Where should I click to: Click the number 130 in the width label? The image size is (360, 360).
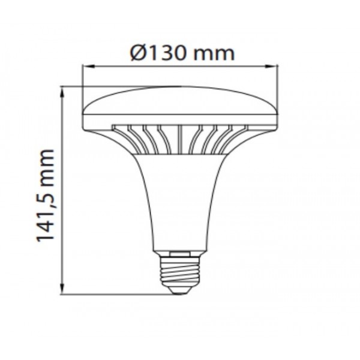pyautogui.click(x=167, y=53)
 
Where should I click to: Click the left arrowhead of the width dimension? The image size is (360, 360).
pyautogui.click(x=88, y=67)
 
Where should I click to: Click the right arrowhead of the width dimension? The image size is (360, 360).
pyautogui.click(x=271, y=67)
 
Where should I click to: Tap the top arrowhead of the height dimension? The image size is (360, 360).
pyautogui.click(x=62, y=92)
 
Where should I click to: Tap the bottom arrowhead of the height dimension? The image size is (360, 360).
pyautogui.click(x=62, y=289)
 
